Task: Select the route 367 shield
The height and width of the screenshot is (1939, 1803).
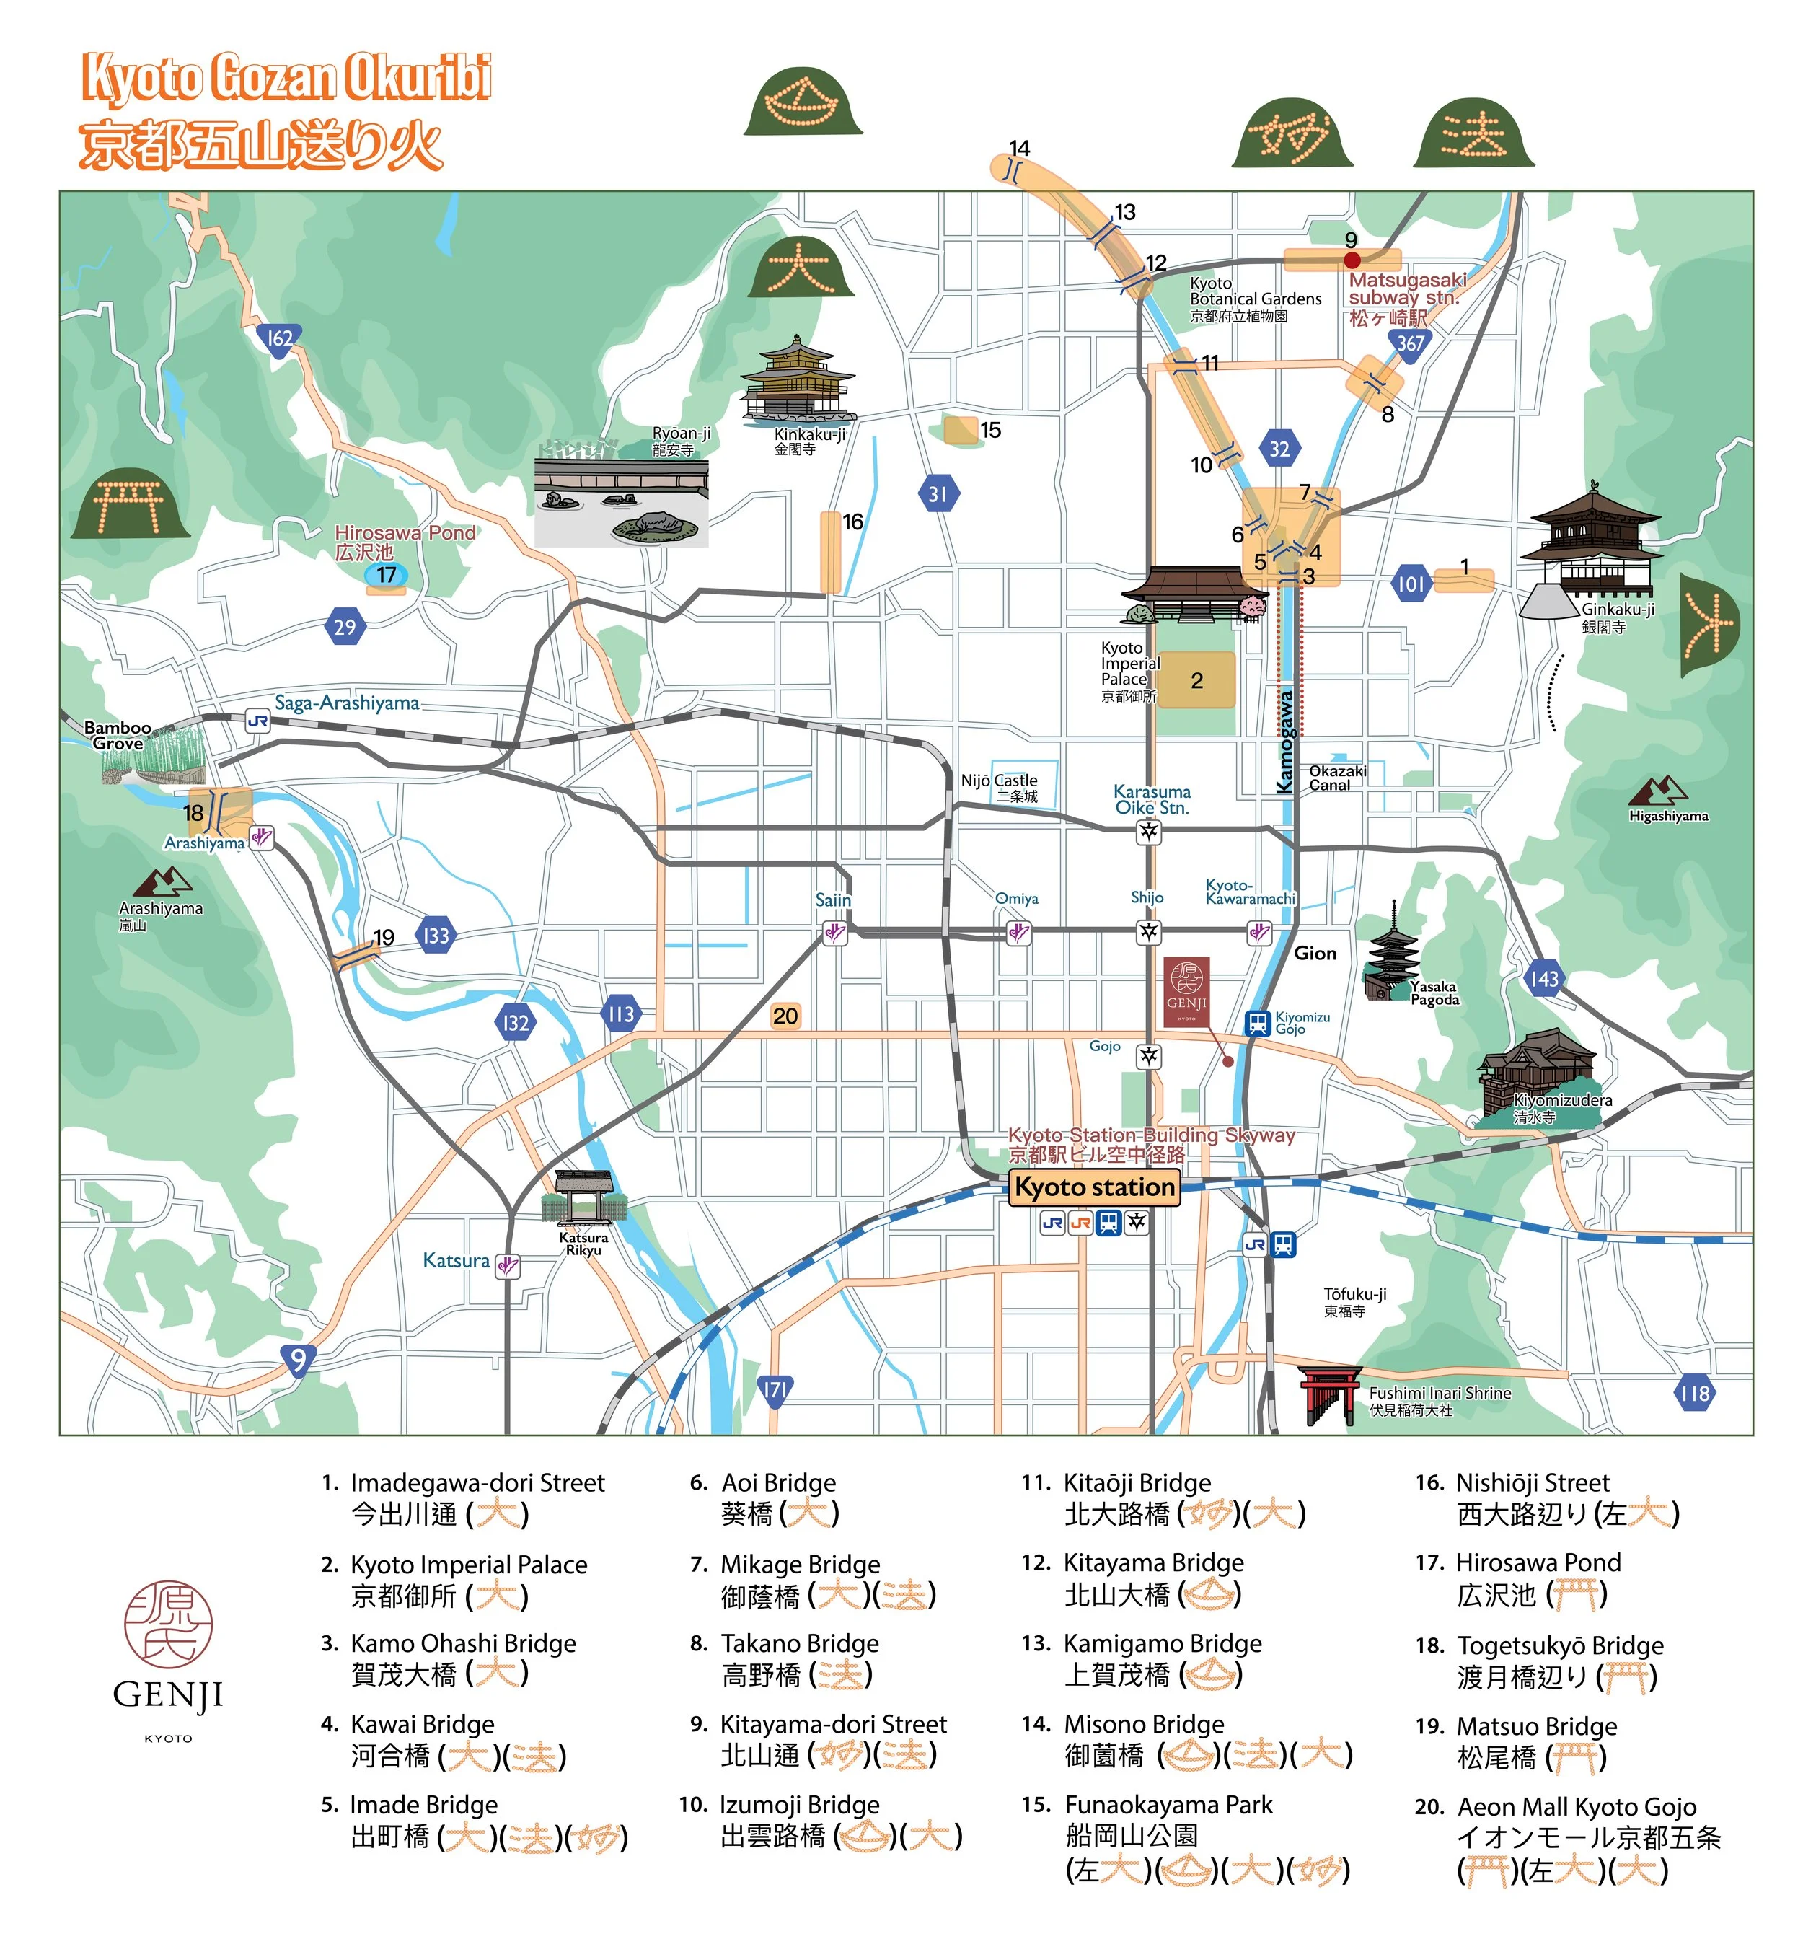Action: tap(1410, 344)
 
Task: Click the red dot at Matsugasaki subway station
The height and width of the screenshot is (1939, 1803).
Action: tap(1352, 260)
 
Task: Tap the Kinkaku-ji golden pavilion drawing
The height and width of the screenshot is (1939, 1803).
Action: tap(798, 383)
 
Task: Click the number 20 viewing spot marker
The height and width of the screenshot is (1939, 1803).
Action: tap(784, 1016)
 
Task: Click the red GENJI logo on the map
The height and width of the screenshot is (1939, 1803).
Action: tap(1186, 991)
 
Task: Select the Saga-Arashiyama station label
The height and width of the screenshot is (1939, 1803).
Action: tap(346, 703)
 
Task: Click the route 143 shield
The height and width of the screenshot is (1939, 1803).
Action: tap(1543, 978)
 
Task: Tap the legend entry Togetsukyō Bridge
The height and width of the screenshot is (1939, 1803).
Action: tap(1559, 1646)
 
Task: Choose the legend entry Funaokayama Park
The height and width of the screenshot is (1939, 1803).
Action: tap(1167, 1806)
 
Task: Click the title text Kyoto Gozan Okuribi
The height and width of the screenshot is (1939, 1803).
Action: tap(286, 78)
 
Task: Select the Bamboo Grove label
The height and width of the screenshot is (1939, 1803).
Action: tap(117, 735)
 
